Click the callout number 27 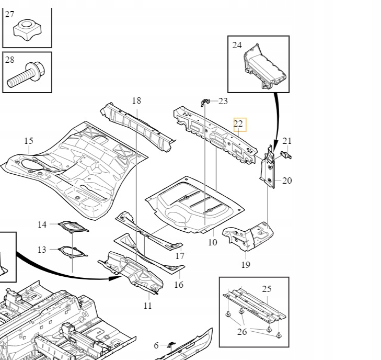coord(9,15)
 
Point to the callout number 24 coord(237,45)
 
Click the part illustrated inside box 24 coord(265,66)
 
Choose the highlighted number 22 coord(238,124)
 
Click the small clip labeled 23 coord(205,103)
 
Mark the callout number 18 coord(136,100)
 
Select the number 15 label coord(29,141)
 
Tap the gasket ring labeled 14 coord(73,227)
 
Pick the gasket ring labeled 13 coord(73,252)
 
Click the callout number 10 coord(212,242)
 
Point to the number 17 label coord(180,256)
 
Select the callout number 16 coord(179,285)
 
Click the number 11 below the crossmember coord(148,306)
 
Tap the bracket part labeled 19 coord(248,235)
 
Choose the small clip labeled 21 coord(286,155)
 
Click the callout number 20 coord(287,181)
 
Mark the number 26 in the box coord(242,332)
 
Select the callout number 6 coord(156,346)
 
